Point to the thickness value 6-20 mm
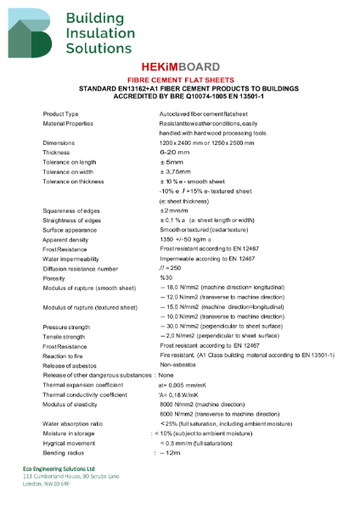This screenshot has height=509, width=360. point(175,152)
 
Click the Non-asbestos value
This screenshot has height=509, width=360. point(177,365)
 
